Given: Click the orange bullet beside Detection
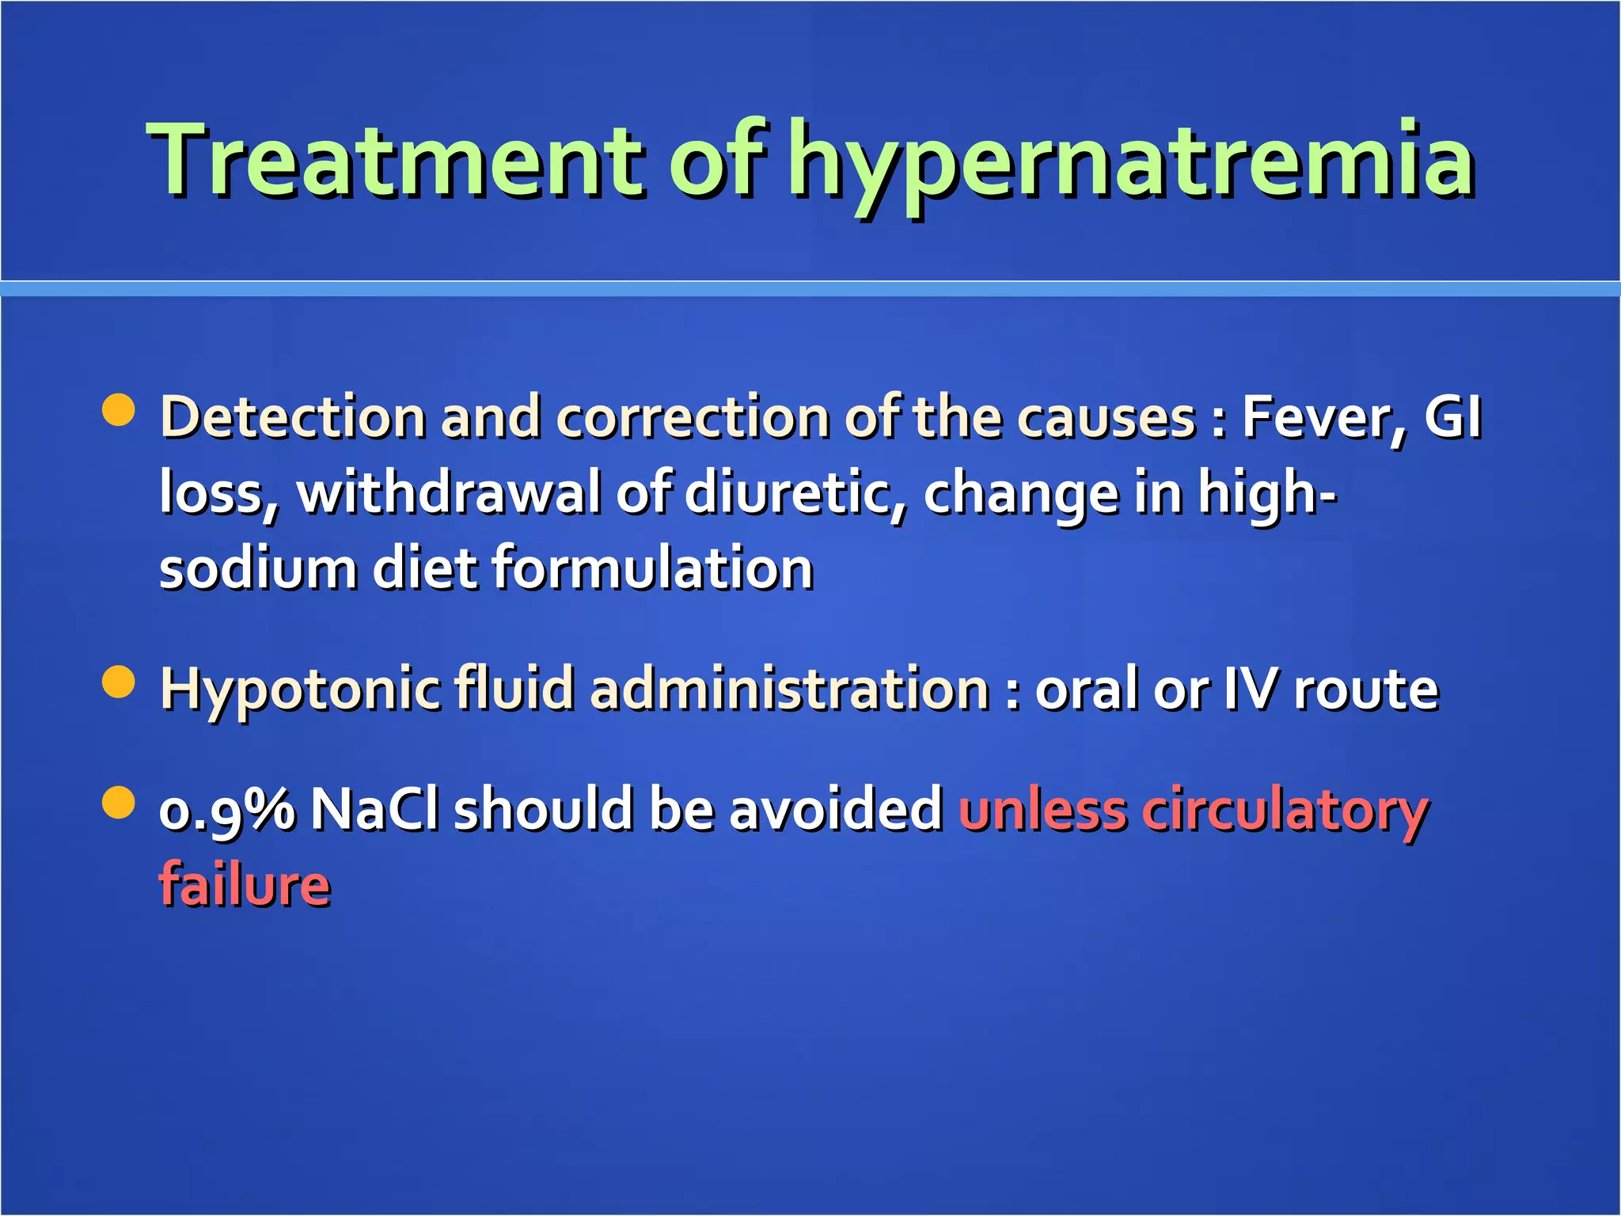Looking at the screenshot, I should (x=119, y=410).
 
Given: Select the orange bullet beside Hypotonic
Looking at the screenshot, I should (x=119, y=682).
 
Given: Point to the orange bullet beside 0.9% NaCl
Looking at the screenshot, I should (x=119, y=803).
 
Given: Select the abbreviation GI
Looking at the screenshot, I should (x=1453, y=416).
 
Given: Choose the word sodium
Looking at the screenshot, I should (x=258, y=568).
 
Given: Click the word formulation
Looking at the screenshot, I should (x=653, y=568).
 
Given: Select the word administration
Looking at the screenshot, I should (x=790, y=689).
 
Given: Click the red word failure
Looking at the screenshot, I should (x=245, y=885).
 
